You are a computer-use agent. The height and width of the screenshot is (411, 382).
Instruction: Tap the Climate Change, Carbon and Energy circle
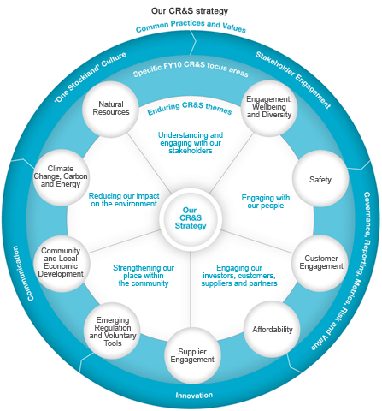[x=62, y=177]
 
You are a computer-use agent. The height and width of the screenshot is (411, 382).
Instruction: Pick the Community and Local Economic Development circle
[x=60, y=262]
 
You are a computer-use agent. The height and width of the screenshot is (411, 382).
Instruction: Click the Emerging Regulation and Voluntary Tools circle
[x=112, y=328]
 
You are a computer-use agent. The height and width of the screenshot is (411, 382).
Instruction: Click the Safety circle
[x=319, y=179]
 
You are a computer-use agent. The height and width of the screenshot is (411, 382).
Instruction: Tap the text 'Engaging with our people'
[x=266, y=201]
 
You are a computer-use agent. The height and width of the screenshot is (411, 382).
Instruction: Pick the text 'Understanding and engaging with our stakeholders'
[x=191, y=142]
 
